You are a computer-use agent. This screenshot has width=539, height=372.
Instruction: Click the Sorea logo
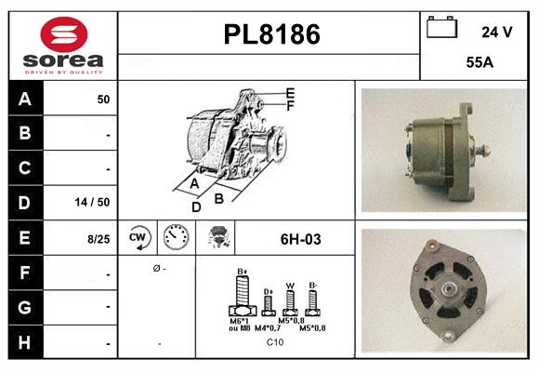tap(62, 45)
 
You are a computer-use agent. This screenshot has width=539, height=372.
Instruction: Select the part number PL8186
tap(271, 34)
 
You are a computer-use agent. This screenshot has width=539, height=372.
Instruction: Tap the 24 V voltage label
tap(496, 32)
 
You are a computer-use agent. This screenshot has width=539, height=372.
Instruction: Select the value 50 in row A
tap(103, 99)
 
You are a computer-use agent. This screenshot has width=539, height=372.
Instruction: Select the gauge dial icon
tap(176, 238)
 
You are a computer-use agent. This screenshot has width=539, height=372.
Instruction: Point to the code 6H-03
tap(300, 239)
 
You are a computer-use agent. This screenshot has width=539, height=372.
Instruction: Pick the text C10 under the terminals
tap(275, 342)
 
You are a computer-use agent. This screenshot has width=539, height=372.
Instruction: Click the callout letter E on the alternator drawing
tap(291, 93)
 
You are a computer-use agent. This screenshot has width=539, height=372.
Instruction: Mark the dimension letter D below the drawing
tap(196, 206)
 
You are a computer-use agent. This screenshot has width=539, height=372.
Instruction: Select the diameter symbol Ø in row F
tap(156, 268)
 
